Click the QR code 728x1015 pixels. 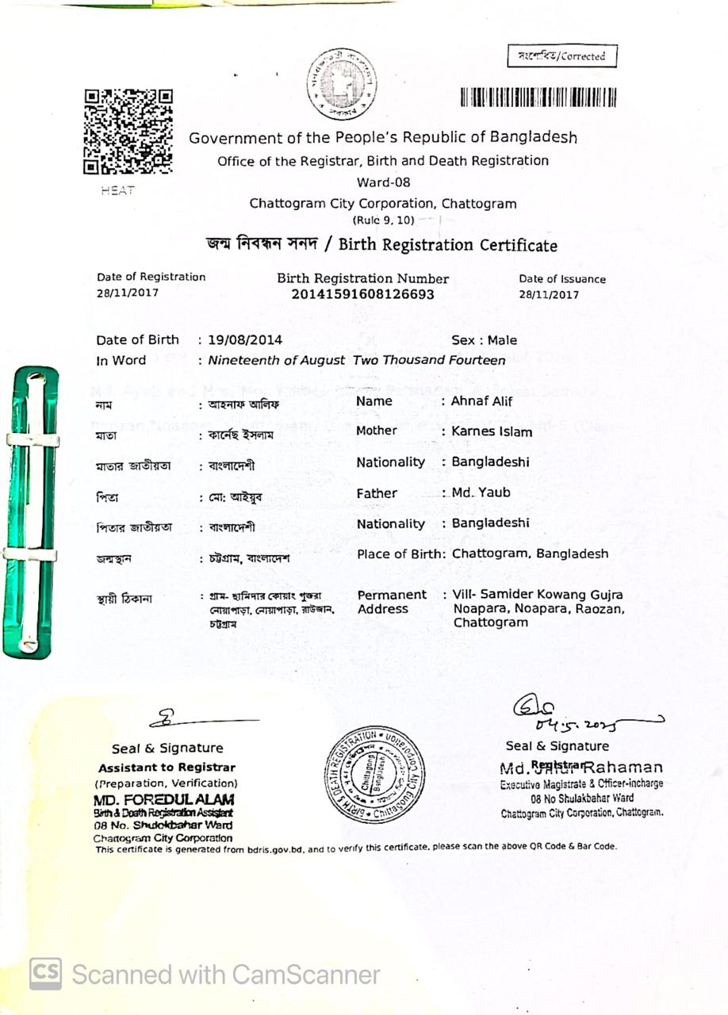click(128, 131)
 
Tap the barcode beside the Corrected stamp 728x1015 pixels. click(538, 98)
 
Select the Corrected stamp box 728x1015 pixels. click(561, 56)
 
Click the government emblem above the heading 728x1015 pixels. click(342, 84)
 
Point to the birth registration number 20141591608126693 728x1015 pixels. click(362, 295)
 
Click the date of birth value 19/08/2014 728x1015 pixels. click(245, 340)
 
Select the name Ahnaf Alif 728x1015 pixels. click(481, 401)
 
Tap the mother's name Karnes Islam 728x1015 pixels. click(492, 432)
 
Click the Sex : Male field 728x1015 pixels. click(484, 340)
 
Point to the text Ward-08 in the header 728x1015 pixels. click(384, 182)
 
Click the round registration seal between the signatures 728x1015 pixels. click(374, 774)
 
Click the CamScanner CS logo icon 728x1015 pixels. click(45, 974)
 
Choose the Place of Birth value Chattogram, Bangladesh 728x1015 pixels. click(530, 553)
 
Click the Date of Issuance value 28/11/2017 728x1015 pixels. click(549, 295)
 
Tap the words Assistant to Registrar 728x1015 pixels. click(167, 768)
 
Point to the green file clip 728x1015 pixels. click(31, 511)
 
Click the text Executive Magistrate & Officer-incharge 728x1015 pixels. click(581, 784)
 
